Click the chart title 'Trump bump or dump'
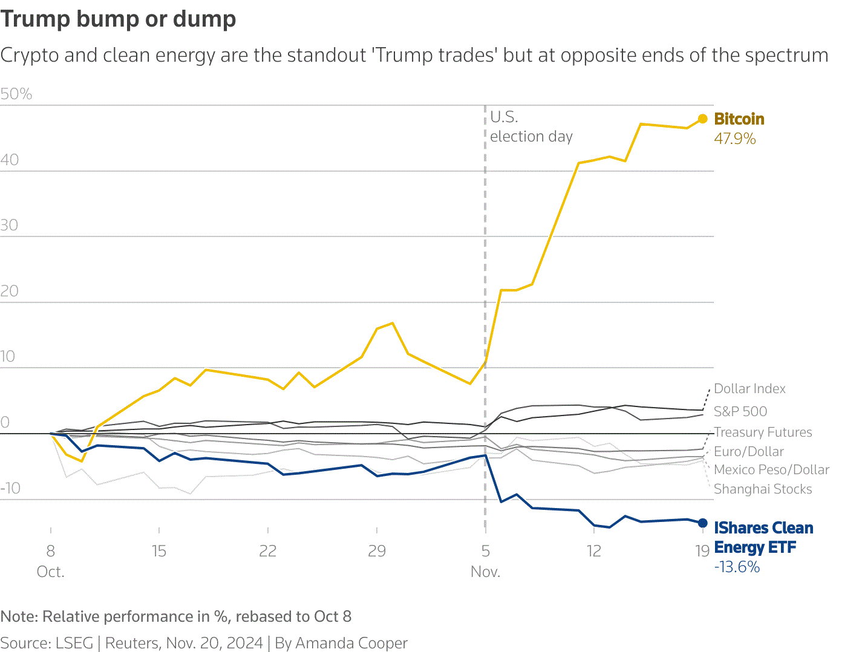[118, 19]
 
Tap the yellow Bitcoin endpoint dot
[702, 119]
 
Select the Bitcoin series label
[739, 119]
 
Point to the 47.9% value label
[735, 139]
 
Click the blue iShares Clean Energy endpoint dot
[702, 523]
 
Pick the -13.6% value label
[737, 567]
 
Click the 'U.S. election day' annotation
[531, 127]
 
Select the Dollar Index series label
[750, 389]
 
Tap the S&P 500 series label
[740, 412]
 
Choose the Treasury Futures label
[763, 432]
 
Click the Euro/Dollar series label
[749, 452]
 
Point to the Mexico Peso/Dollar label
[771, 470]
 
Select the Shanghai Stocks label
[763, 489]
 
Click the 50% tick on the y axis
[16, 94]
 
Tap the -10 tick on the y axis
[10, 488]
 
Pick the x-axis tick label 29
[377, 551]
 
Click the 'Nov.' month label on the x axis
[485, 572]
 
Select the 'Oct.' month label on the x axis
[50, 572]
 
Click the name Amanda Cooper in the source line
[351, 643]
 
